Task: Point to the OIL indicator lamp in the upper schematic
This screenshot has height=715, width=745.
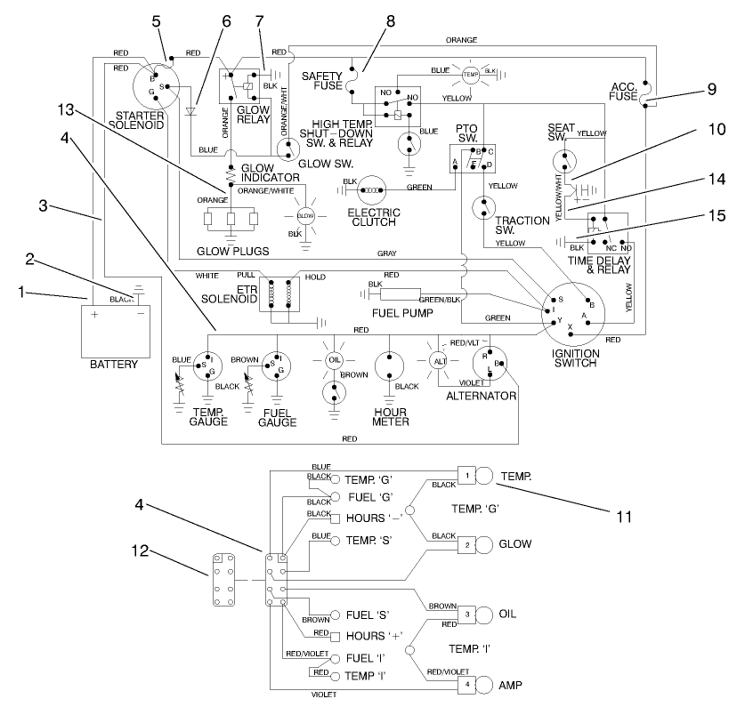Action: (x=333, y=359)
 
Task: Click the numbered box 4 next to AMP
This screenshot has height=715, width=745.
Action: (x=467, y=684)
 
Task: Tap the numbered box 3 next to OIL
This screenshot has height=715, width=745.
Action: (x=467, y=614)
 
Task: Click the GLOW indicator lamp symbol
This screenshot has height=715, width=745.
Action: (x=305, y=214)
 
